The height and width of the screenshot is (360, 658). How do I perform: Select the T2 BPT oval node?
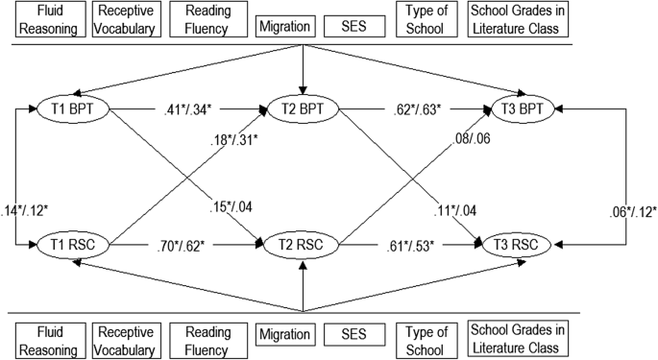[303, 108]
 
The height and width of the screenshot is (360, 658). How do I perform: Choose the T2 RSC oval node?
[303, 247]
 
